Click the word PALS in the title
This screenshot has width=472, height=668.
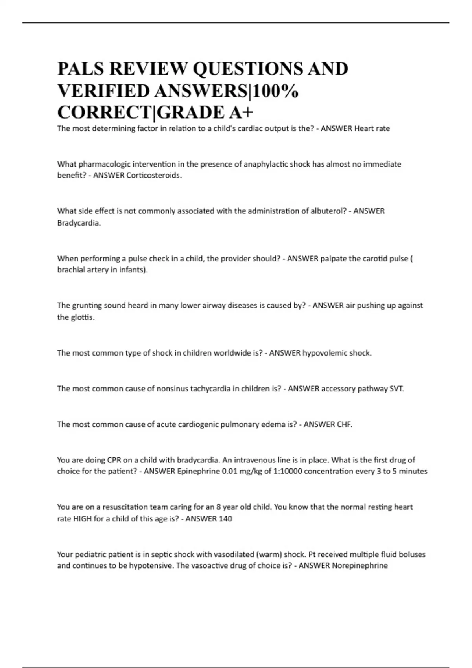(x=81, y=69)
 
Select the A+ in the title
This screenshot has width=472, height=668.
(x=241, y=113)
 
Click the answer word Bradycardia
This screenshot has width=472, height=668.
(x=79, y=223)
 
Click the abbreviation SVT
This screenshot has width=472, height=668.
(x=396, y=389)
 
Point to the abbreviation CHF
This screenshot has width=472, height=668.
(x=345, y=424)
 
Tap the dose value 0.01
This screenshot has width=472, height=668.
(x=230, y=471)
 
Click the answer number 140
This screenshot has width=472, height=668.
(x=225, y=519)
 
